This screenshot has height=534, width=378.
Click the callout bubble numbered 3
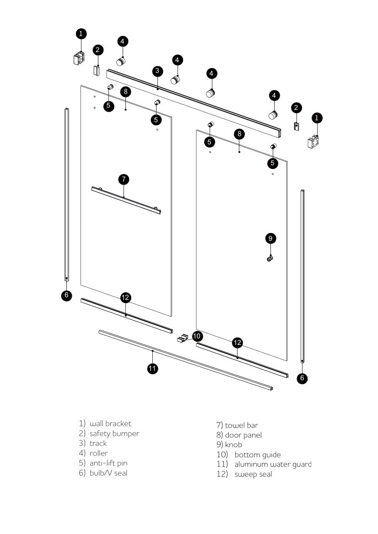click(x=157, y=71)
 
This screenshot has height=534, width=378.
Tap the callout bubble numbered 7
click(x=124, y=179)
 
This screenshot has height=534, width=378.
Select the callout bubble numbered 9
click(x=270, y=238)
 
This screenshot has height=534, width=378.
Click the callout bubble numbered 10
click(x=197, y=336)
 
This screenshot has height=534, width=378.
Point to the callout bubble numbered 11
click(x=153, y=368)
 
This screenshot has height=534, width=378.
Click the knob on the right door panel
click(x=270, y=259)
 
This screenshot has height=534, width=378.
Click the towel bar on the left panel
click(x=126, y=200)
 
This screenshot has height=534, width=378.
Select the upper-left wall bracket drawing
click(x=79, y=58)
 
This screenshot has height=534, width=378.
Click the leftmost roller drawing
click(x=121, y=61)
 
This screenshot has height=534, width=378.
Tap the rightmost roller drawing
click(x=273, y=114)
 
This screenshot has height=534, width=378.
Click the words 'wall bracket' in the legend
click(x=110, y=423)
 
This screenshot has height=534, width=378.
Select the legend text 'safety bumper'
click(x=114, y=434)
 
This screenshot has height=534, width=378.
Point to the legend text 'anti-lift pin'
click(x=108, y=463)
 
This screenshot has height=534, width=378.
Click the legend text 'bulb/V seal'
click(x=108, y=473)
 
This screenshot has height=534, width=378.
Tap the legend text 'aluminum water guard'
click(x=273, y=464)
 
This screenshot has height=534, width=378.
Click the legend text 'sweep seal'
click(x=253, y=474)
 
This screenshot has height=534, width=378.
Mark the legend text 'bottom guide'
click(x=257, y=455)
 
